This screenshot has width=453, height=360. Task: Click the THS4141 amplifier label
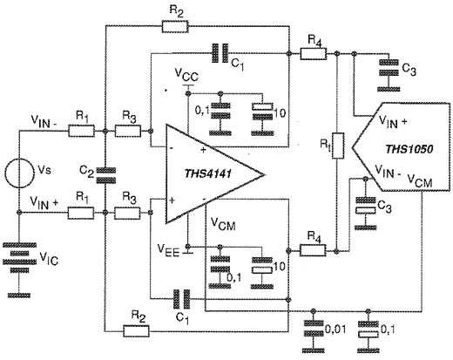pyautogui.click(x=208, y=173)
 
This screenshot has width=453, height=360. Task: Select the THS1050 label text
pyautogui.click(x=409, y=149)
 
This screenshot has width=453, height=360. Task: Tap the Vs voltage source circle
pyautogui.click(x=19, y=173)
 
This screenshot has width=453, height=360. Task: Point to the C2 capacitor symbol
pyautogui.click(x=105, y=175)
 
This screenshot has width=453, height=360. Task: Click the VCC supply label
pyautogui.click(x=186, y=75)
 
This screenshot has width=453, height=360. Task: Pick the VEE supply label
pyautogui.click(x=168, y=249)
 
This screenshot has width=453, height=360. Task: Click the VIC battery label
pyautogui.click(x=49, y=258)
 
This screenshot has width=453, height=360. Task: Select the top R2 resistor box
pyautogui.click(x=175, y=26)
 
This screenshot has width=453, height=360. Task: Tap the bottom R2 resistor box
pyautogui.click(x=137, y=331)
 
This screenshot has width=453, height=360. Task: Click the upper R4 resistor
pyautogui.click(x=313, y=54)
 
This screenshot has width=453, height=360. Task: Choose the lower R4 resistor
pyautogui.click(x=313, y=250)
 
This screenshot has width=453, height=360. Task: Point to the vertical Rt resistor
pyautogui.click(x=338, y=146)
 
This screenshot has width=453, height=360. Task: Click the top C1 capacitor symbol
pyautogui.click(x=220, y=53)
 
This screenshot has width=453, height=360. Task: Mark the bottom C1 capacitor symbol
pyautogui.click(x=181, y=299)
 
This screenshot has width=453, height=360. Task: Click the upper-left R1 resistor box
pyautogui.click(x=81, y=131)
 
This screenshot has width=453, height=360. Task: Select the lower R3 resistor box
pyautogui.click(x=127, y=213)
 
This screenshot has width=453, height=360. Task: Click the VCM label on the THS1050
pyautogui.click(x=420, y=180)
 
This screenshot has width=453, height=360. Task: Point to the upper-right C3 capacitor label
pyautogui.click(x=409, y=70)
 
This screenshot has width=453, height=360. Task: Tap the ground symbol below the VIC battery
pyautogui.click(x=19, y=295)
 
